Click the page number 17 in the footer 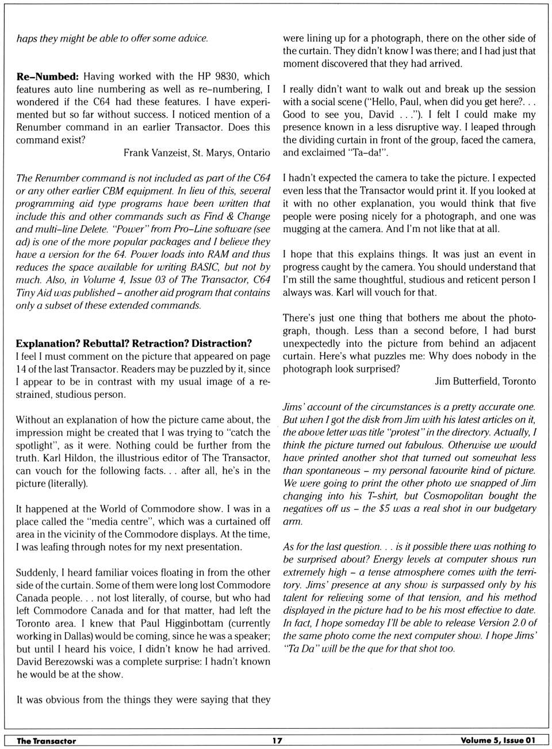[277, 740]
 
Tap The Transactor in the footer [46, 740]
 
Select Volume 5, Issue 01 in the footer [497, 740]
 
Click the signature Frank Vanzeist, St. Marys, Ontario [197, 153]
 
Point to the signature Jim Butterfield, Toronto [485, 381]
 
